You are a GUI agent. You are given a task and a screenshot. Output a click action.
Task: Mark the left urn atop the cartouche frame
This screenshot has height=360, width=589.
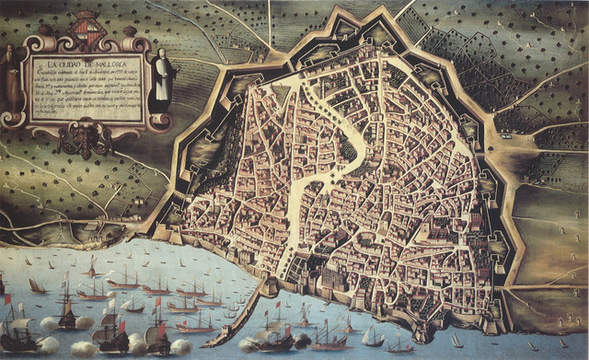click(x=40, y=34)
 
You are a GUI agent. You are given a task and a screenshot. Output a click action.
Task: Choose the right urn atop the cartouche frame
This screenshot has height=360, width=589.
click(x=138, y=34)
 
